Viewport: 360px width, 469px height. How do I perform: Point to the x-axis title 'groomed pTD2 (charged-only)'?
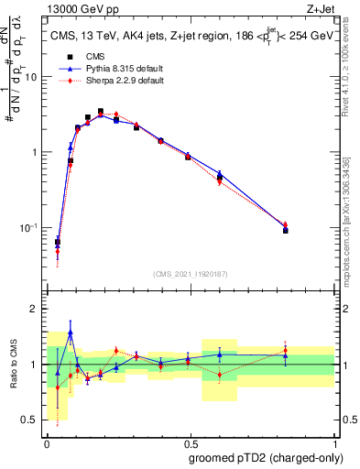[x=265, y=459]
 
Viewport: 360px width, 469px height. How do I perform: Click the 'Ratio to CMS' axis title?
[x=12, y=365]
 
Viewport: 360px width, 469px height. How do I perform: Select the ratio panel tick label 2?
[x=34, y=310]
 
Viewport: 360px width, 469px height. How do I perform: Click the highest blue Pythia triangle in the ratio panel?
[x=71, y=333]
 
